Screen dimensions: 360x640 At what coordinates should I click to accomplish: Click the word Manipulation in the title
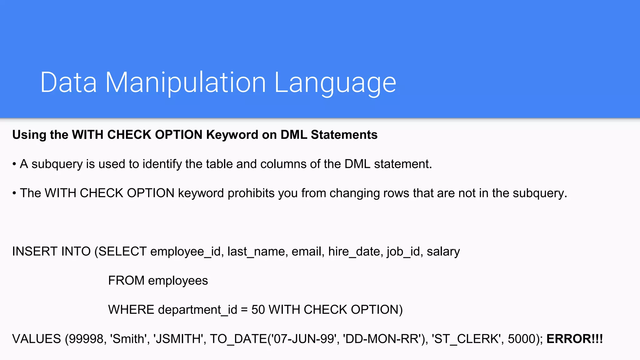185,82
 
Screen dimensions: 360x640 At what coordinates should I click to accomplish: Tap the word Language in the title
335,82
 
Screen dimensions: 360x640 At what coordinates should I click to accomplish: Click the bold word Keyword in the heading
232,135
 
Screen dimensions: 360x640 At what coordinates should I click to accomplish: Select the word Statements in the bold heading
344,135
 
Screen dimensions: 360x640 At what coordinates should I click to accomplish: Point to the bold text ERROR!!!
574,339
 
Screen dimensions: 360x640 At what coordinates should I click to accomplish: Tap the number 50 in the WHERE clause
258,310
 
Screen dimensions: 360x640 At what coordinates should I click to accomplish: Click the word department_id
197,310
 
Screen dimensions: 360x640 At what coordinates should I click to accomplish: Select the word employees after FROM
178,281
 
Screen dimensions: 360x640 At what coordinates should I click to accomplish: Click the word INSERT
35,252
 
